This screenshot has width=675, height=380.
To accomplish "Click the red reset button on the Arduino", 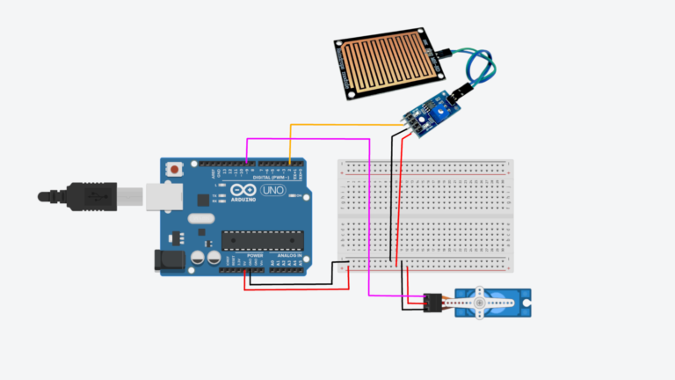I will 178,167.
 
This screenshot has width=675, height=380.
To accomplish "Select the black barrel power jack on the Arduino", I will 168,260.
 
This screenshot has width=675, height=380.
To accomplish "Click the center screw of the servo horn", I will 480,304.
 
